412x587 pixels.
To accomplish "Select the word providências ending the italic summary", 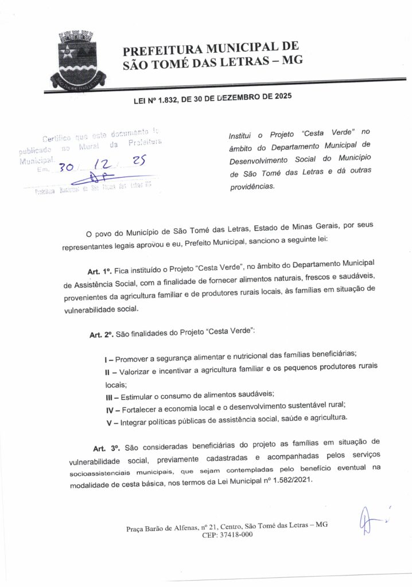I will coord(252,186).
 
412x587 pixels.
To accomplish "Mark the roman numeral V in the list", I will coord(109,422).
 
